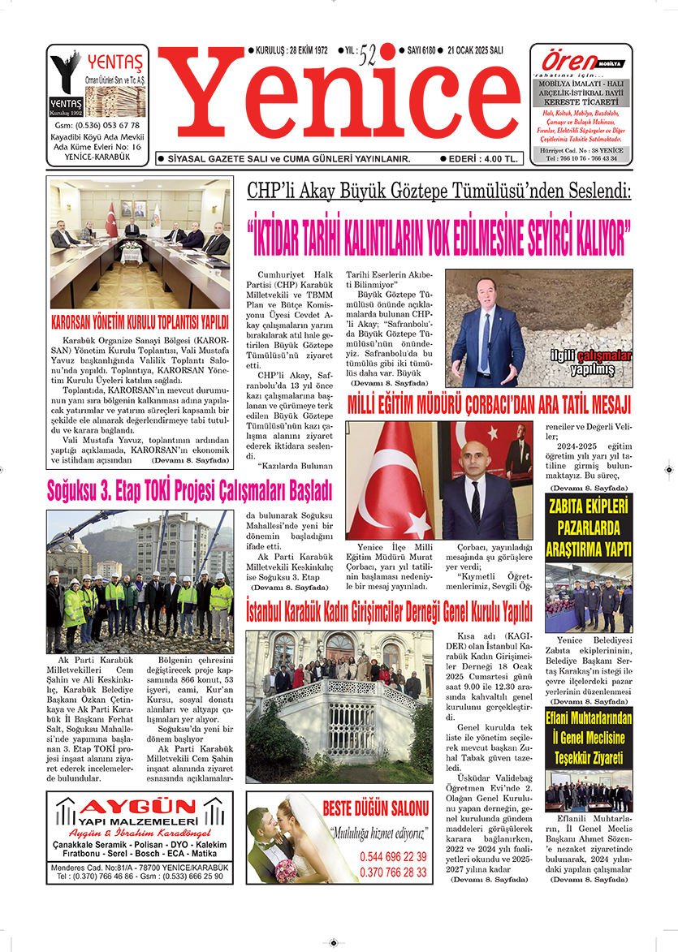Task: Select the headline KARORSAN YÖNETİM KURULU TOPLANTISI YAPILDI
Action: tap(140, 320)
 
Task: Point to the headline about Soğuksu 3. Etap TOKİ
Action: tap(190, 489)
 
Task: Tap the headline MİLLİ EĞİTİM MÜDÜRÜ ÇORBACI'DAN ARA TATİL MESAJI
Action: tap(489, 404)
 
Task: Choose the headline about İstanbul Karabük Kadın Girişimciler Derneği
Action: tap(389, 609)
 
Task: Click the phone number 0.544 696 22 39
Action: tap(393, 856)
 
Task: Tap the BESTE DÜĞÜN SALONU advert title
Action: tap(375, 809)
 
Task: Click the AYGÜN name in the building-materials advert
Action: tap(139, 808)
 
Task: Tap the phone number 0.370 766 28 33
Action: tap(393, 872)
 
